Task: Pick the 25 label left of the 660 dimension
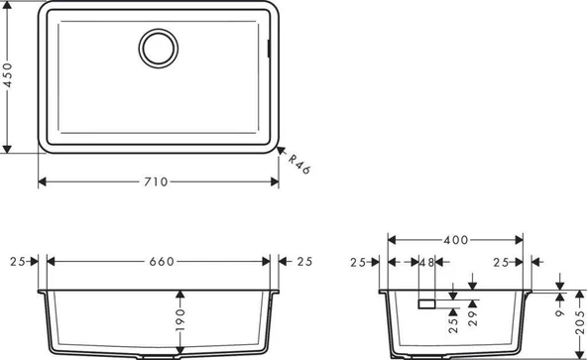pyautogui.click(x=16, y=261)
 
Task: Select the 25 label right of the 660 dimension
pyautogui.click(x=304, y=261)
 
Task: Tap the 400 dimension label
pyautogui.click(x=456, y=240)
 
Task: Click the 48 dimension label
pyautogui.click(x=426, y=262)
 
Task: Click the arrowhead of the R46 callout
pyautogui.click(x=279, y=151)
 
